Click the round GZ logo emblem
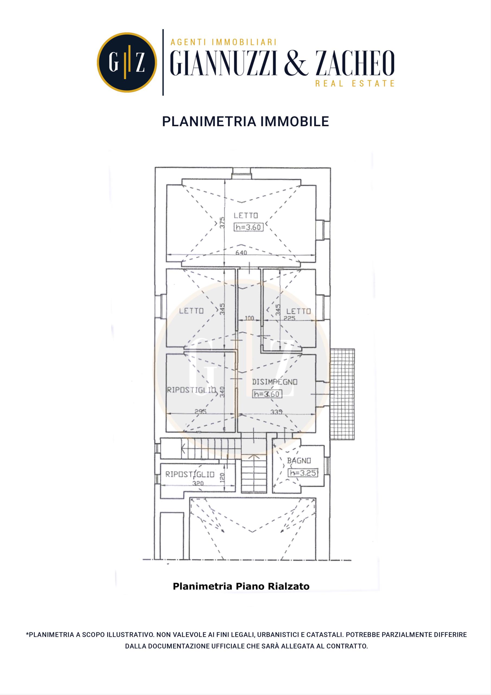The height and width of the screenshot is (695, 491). [127, 62]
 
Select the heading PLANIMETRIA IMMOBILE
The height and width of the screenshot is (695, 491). [245, 121]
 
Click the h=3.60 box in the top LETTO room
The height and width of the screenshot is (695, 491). [249, 227]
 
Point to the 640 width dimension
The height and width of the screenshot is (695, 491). [241, 252]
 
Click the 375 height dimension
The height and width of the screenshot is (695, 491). [222, 223]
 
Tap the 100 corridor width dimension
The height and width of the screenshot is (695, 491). [249, 318]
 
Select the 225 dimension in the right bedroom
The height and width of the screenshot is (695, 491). [289, 318]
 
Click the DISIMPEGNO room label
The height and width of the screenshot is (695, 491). [275, 382]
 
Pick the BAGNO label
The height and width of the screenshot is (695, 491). [299, 461]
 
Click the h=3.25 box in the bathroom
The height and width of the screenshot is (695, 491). [303, 473]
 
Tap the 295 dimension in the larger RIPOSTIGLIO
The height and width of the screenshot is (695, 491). [200, 412]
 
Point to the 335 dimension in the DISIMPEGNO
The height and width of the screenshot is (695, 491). [276, 412]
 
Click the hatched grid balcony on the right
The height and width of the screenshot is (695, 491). [342, 394]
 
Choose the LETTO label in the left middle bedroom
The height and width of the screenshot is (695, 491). [192, 311]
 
